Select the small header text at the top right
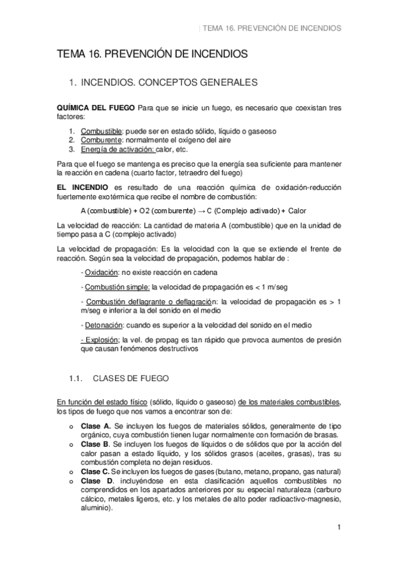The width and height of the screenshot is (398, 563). click(x=275, y=29)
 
